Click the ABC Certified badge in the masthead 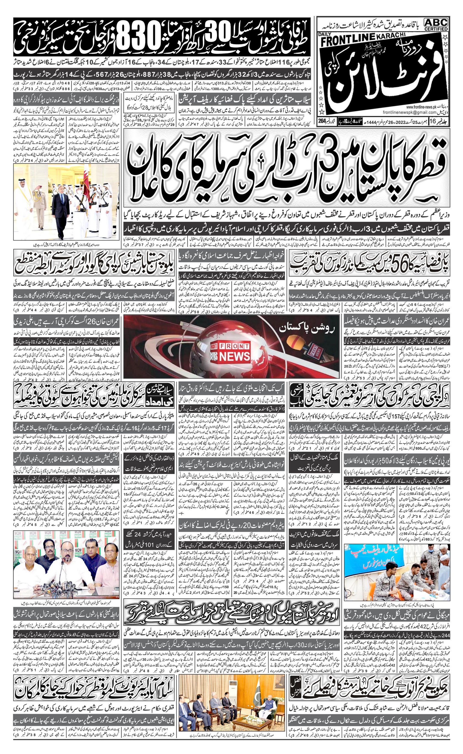tap(436, 25)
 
